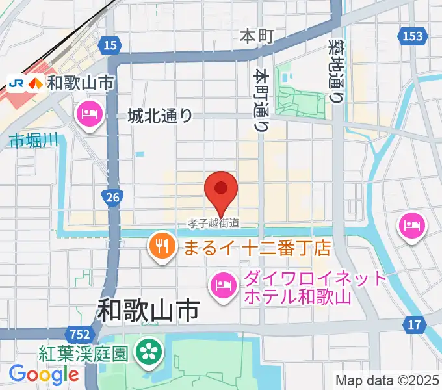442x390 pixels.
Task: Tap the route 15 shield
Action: tap(110, 44)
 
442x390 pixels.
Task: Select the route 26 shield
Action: tap(112, 196)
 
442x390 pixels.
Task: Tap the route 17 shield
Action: tap(414, 324)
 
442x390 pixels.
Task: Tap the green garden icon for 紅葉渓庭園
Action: tap(149, 354)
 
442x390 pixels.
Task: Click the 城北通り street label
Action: tap(160, 116)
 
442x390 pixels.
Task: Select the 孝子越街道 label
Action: tap(214, 223)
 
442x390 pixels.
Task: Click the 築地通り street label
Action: tap(337, 69)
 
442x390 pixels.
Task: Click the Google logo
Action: tap(44, 374)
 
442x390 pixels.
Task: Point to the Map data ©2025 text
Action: tap(387, 380)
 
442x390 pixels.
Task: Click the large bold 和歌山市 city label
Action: tap(148, 311)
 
